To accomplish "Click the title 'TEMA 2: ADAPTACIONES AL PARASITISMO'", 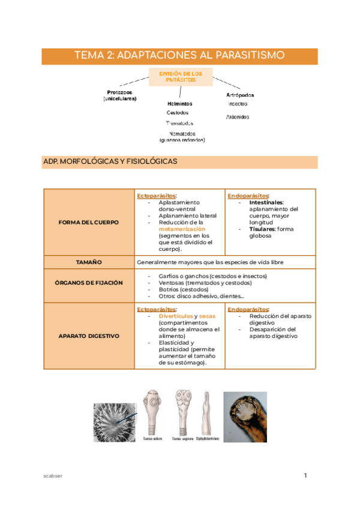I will [x=179, y=55].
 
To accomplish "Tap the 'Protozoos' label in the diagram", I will [x=119, y=92].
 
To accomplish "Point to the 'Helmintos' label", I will [x=180, y=103].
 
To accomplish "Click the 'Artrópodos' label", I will [x=239, y=94].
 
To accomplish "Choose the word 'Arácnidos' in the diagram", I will [x=238, y=117].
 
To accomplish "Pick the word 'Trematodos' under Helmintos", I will [x=179, y=123].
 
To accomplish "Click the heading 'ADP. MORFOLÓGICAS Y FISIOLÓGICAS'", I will [x=110, y=161].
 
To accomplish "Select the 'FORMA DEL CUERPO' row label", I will [x=89, y=222].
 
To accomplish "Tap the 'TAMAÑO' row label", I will [x=89, y=262].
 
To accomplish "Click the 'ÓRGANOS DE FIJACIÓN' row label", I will [x=89, y=282].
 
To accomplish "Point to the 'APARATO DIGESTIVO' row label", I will [x=89, y=336].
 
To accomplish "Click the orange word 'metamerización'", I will [x=182, y=229].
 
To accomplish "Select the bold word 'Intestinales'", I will [x=266, y=202].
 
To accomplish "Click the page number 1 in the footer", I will [x=305, y=476].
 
